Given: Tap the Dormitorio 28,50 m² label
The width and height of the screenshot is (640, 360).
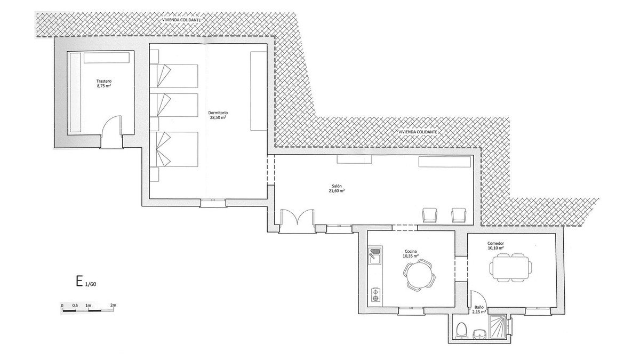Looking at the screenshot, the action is tap(218, 115).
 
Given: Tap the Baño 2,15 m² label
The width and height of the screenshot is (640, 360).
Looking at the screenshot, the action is tap(479, 310).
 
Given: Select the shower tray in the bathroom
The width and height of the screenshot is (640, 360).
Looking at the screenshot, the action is tap(498, 327).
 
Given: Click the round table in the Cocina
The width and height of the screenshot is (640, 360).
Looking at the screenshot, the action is tap(419, 274).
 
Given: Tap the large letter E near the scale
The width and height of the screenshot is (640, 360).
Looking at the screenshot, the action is tap(79, 281).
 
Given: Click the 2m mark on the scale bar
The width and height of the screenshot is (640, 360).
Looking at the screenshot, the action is tap(113, 305).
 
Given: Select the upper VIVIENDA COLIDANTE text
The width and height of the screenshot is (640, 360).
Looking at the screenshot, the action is tap(181, 20).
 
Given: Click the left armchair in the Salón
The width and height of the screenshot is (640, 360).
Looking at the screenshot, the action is tap(430, 215).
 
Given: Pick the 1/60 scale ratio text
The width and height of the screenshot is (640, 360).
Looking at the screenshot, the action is tap(91, 284).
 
